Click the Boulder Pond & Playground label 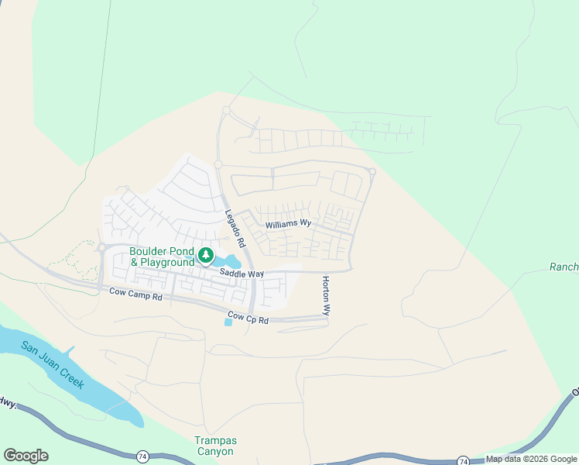point(162,257)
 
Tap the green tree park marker point(205,255)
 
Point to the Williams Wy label point(288,224)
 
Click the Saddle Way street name point(242,274)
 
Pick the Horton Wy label point(326,295)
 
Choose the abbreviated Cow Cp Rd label point(248,318)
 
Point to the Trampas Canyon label point(214,446)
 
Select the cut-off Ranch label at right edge point(564,267)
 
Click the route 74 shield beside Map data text point(462,460)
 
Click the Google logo point(26,456)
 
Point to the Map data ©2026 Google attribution point(531,459)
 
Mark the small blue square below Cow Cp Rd point(227,322)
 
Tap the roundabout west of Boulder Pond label point(101,248)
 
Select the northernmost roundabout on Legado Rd point(226,111)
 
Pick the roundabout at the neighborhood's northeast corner point(372,171)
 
